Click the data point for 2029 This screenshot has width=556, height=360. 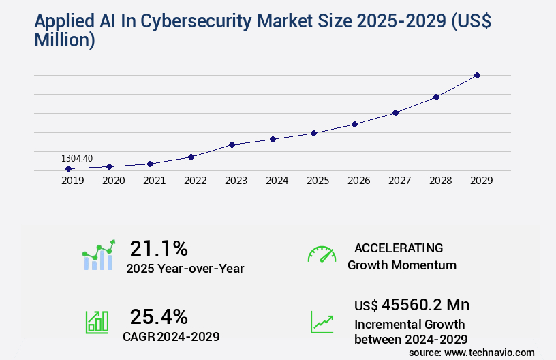click(x=477, y=75)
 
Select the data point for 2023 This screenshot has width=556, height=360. click(x=232, y=145)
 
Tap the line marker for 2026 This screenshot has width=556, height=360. click(x=354, y=124)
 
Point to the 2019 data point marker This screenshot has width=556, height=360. click(x=68, y=168)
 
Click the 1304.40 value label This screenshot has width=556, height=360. click(x=77, y=158)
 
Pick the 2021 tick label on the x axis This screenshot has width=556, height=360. click(x=154, y=181)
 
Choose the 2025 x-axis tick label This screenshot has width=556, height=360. click(x=318, y=181)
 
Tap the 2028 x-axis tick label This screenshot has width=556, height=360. click(x=440, y=181)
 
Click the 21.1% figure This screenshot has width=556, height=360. click(x=159, y=247)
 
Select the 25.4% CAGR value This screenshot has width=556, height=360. click(x=159, y=316)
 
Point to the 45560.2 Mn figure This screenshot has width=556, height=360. click(x=426, y=304)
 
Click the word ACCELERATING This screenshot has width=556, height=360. click(x=399, y=247)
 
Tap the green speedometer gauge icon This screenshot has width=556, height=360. click(x=322, y=254)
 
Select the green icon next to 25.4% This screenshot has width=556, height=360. click(x=97, y=322)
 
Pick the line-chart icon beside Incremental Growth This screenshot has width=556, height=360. click(x=322, y=322)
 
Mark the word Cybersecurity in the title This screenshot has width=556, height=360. click(x=188, y=21)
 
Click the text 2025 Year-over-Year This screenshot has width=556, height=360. click(x=185, y=269)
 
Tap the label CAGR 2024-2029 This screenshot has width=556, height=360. click(x=171, y=336)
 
